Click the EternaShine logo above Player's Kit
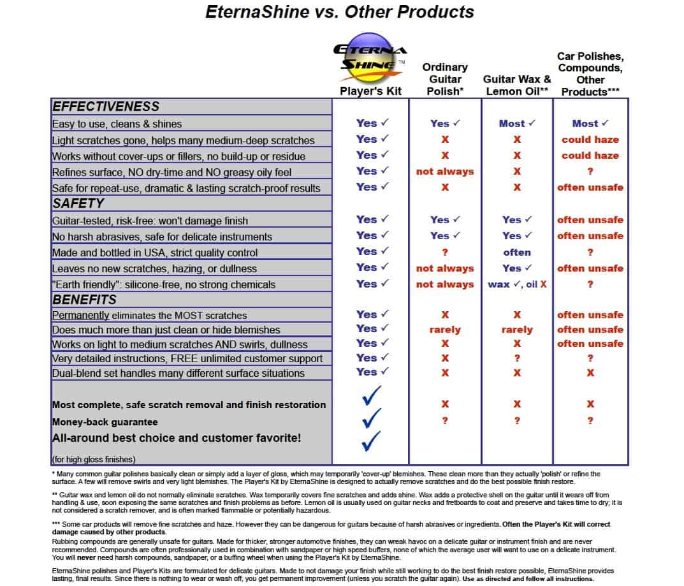(370, 57)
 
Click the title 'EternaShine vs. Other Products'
(340, 12)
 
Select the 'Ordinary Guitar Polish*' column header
(445, 80)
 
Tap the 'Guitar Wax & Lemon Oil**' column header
(517, 85)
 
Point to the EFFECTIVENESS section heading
(106, 106)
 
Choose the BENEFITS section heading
(84, 300)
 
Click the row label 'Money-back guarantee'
(105, 421)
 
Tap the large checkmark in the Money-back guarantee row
(371, 418)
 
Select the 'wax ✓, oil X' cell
(517, 284)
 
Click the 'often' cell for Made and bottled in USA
(517, 253)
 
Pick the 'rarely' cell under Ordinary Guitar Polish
(445, 330)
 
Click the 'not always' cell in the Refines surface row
(445, 172)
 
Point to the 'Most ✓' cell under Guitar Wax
(517, 124)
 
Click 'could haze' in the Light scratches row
(590, 140)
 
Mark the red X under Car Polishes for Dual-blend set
(590, 373)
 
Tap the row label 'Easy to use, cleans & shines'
(117, 124)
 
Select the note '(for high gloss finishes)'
(93, 459)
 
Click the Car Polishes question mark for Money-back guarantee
(590, 421)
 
